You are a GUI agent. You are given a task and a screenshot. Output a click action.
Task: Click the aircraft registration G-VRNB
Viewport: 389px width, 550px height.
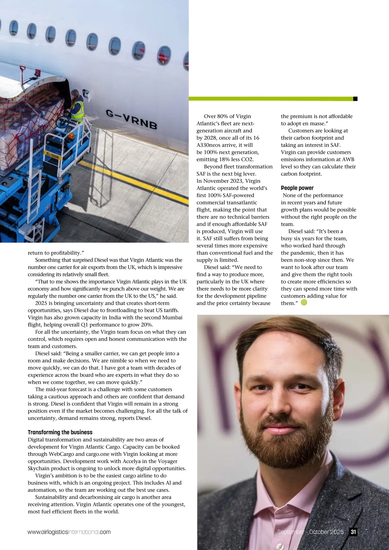pyautogui.click(x=131, y=119)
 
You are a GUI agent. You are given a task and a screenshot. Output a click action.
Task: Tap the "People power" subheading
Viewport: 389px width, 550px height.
pyautogui.click(x=297, y=188)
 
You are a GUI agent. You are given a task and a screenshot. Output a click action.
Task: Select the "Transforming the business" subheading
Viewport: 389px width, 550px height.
pyautogui.click(x=60, y=432)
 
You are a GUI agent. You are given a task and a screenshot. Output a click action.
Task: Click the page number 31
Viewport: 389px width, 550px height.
pyautogui.click(x=353, y=532)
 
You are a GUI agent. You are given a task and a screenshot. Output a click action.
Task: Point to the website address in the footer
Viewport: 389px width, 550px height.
pyautogui.click(x=69, y=532)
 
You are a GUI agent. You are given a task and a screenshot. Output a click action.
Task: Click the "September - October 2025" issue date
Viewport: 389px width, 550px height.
pyautogui.click(x=310, y=532)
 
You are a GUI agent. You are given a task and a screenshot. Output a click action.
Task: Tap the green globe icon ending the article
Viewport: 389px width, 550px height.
pyautogui.click(x=304, y=303)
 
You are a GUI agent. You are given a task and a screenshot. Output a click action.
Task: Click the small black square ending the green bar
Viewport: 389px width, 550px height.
pyautogui.click(x=355, y=99)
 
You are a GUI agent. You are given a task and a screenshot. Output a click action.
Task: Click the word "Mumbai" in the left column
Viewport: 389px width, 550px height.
pyautogui.click(x=171, y=317)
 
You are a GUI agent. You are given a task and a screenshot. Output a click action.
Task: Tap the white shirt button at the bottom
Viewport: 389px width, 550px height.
pyautogui.click(x=279, y=546)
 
